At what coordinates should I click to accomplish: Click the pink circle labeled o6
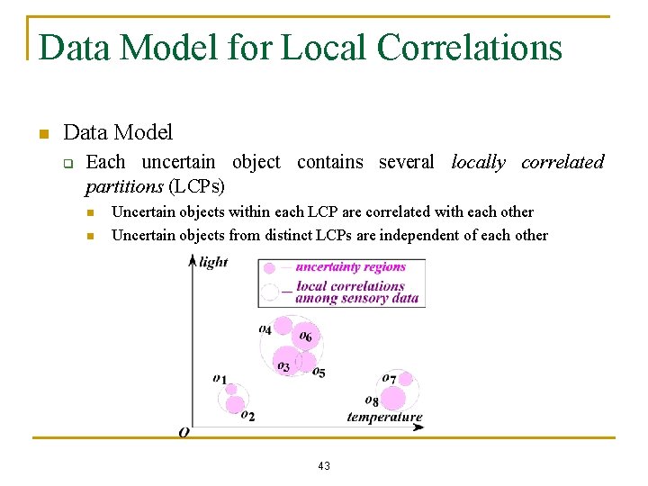307,338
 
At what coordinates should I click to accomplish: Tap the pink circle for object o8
392,398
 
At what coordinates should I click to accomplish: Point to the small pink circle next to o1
231,389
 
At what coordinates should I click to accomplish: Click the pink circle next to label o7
405,379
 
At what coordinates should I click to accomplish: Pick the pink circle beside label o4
283,326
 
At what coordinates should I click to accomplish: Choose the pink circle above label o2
237,405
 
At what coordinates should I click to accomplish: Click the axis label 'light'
213,262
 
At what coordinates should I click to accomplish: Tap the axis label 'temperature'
384,417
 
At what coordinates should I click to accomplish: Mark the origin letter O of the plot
184,432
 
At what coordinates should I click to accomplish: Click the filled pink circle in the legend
269,267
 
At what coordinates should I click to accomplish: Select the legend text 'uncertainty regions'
350,266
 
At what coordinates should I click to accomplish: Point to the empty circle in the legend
269,292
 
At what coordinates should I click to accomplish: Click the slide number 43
324,465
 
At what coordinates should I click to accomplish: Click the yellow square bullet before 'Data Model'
41,135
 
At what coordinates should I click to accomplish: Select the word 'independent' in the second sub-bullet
418,236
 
